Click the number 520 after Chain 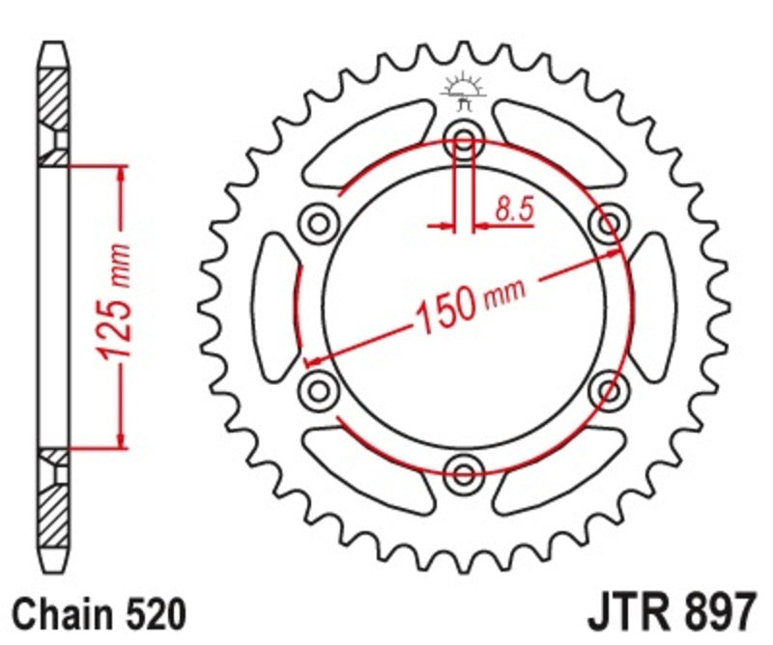[150, 615]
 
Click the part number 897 [714, 613]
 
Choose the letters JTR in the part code [627, 613]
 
